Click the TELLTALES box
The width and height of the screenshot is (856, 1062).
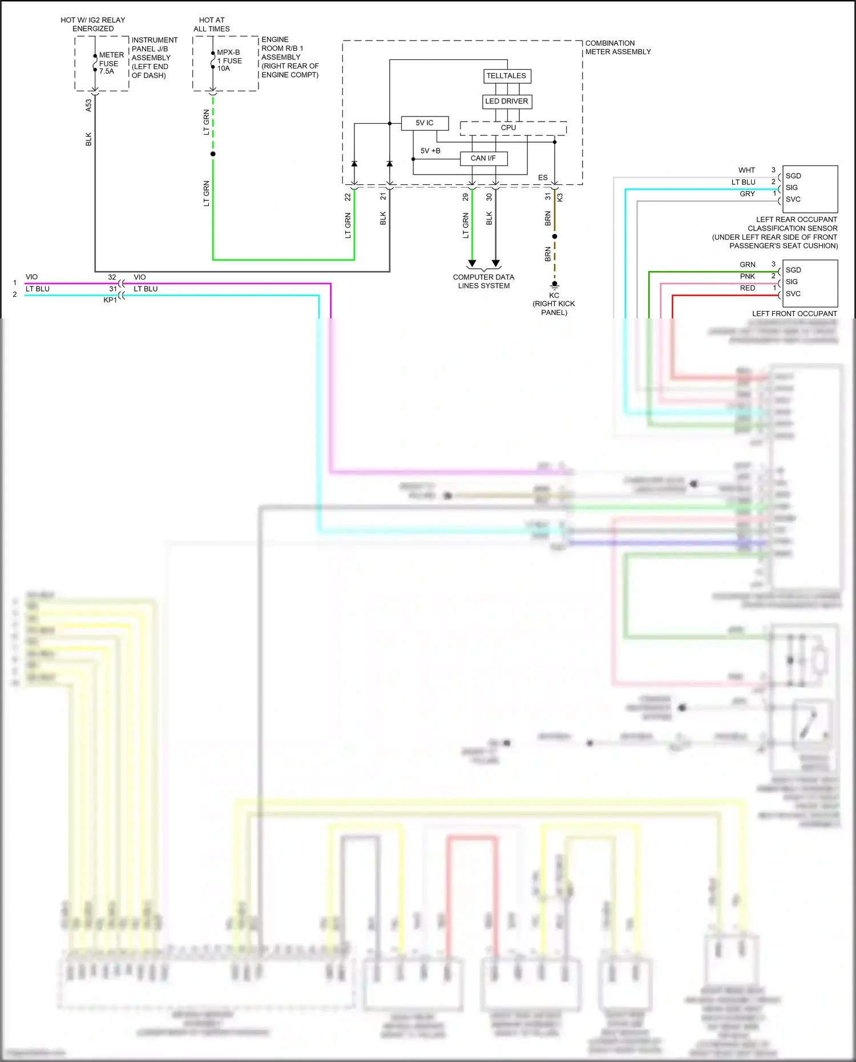point(506,76)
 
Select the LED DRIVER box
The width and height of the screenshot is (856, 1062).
point(507,102)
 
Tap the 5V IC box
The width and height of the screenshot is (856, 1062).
point(424,123)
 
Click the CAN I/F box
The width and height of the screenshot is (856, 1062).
point(483,159)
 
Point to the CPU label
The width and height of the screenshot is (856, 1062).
point(508,128)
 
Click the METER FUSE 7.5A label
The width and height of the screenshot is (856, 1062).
point(111,63)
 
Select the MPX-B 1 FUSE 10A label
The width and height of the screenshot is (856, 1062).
point(229,60)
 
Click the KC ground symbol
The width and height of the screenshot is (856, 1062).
point(554,285)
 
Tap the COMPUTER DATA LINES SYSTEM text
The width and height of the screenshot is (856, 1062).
point(483,281)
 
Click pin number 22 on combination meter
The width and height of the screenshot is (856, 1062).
point(348,197)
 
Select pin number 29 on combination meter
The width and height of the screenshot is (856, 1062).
point(466,197)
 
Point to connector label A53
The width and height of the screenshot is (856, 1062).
point(88,105)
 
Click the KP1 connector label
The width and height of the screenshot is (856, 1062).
point(110,300)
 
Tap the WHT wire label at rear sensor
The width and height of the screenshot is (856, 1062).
point(746,170)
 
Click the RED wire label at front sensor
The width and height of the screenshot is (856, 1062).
point(748,288)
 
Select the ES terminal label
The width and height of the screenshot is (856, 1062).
point(543,178)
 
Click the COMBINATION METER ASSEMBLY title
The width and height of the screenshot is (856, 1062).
point(617,47)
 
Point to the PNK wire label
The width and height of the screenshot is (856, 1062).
point(748,276)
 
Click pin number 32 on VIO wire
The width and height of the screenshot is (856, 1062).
point(112,277)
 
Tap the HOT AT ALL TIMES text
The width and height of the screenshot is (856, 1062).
point(212,25)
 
